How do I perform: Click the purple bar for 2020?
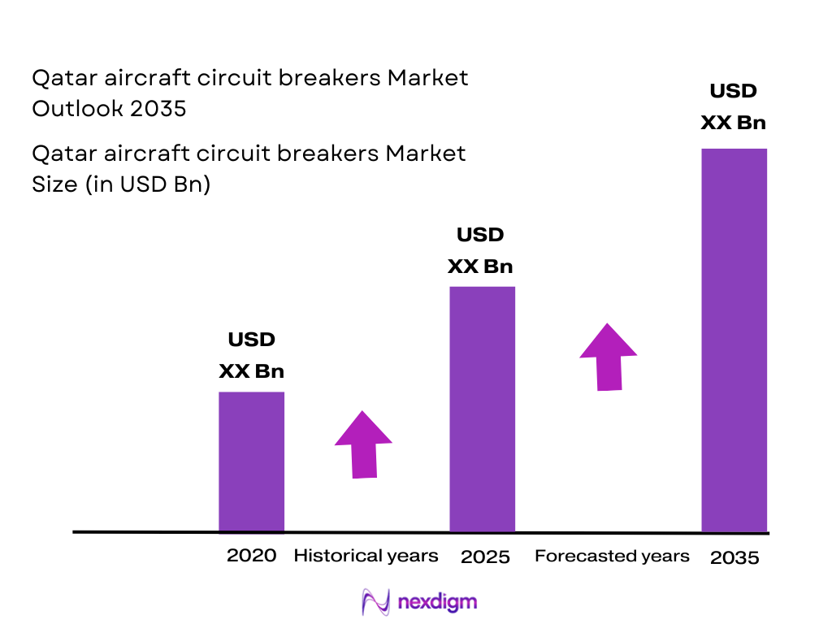click(x=251, y=461)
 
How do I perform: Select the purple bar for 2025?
click(x=482, y=409)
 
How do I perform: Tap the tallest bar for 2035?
click(x=734, y=340)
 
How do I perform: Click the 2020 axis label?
click(x=251, y=556)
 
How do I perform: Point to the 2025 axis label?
click(x=485, y=557)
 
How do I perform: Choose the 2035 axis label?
click(x=734, y=558)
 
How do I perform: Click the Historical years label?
click(x=366, y=556)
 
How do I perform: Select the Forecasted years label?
click(x=612, y=557)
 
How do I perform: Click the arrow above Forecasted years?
click(x=608, y=357)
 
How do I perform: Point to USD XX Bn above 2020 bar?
click(x=251, y=356)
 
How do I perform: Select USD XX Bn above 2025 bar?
click(x=480, y=251)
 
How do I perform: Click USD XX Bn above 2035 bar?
click(x=733, y=107)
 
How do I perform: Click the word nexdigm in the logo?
click(x=437, y=602)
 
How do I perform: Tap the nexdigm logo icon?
click(x=375, y=602)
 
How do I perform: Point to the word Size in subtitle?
click(x=54, y=184)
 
